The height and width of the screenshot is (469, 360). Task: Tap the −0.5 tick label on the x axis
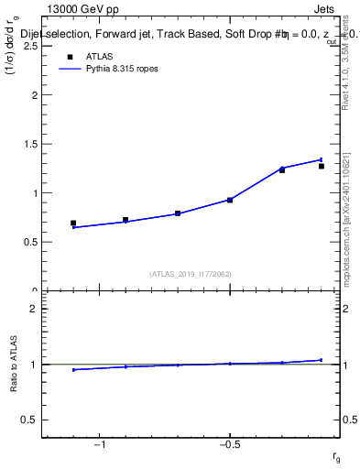click(x=228, y=443)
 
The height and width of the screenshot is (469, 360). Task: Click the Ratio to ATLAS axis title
click(x=15, y=365)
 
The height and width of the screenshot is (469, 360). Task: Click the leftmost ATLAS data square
click(x=73, y=223)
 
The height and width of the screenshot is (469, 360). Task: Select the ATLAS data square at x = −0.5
click(x=230, y=199)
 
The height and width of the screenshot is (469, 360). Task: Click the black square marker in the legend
click(x=70, y=57)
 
